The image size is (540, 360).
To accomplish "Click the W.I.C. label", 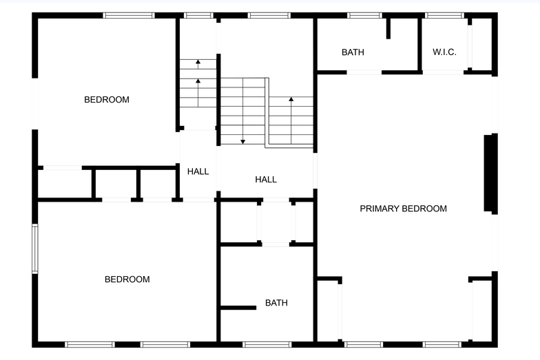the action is [x=444, y=52].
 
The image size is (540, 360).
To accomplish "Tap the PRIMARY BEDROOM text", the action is [x=404, y=209].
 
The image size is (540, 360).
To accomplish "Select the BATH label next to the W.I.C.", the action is [x=353, y=52].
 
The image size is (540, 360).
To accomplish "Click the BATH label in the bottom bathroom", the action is [x=276, y=303].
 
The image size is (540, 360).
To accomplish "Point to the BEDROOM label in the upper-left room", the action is [x=107, y=100].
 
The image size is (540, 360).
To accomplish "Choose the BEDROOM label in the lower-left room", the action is [x=127, y=279].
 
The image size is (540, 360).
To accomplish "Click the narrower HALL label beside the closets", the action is [x=198, y=171].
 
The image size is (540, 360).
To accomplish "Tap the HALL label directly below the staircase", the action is [x=266, y=179].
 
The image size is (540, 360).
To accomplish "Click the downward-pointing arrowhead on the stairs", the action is [x=242, y=142].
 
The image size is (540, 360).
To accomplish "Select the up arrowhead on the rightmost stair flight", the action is [x=291, y=99].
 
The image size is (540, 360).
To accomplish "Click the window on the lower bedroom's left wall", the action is [x=34, y=248].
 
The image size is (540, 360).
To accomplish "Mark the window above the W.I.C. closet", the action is [x=444, y=15].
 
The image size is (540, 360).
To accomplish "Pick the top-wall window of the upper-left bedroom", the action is [x=128, y=15].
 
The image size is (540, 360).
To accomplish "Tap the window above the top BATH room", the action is [x=364, y=15].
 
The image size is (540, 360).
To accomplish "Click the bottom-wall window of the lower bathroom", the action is [x=267, y=344].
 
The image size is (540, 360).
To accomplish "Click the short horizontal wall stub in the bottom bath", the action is [x=238, y=308].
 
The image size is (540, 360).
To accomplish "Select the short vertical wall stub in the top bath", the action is [x=388, y=28].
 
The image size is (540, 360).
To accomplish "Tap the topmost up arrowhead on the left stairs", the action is [x=198, y=62].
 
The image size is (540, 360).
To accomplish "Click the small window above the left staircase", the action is [x=198, y=15].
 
